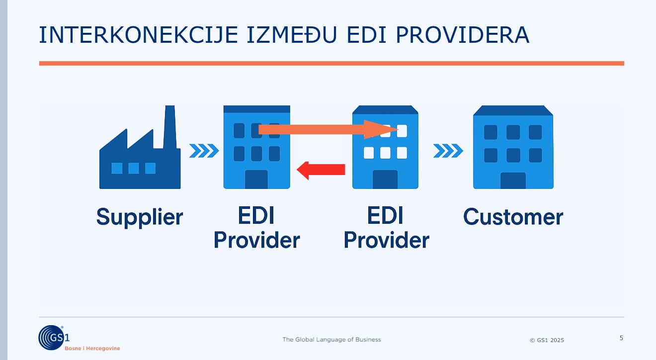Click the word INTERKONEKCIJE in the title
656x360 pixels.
click(x=138, y=35)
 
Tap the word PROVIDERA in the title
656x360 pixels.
click(x=462, y=35)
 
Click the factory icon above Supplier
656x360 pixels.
click(x=140, y=147)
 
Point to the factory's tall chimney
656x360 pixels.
click(x=170, y=127)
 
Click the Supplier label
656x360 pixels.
click(x=140, y=217)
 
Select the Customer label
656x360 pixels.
click(x=513, y=217)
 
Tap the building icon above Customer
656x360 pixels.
click(x=513, y=147)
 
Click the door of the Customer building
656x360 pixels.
click(x=513, y=180)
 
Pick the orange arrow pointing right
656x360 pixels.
click(x=328, y=129)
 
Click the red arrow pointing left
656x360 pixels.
click(x=321, y=170)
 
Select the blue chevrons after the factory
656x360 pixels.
click(x=204, y=151)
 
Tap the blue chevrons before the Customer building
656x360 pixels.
click(x=448, y=151)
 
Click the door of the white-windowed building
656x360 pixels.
click(x=385, y=180)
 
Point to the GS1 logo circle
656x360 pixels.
click(x=51, y=338)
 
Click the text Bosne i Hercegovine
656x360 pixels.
click(x=92, y=348)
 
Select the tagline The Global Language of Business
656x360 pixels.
click(x=331, y=340)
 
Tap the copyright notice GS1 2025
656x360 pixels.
click(x=547, y=340)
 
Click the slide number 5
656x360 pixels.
click(x=621, y=338)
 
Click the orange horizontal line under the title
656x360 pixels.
click(x=331, y=63)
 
